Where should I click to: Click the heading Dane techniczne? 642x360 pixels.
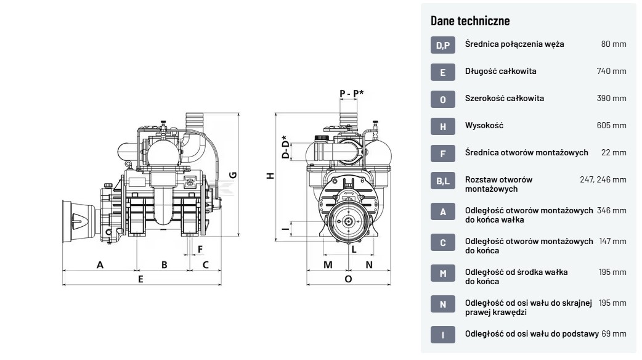coord(470,21)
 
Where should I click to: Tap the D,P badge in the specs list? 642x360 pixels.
coord(442,45)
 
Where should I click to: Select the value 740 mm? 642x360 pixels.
coord(611,71)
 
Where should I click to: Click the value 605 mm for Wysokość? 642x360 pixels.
coord(611,125)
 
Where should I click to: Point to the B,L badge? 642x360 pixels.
coord(442,181)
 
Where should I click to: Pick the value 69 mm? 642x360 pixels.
coord(614,333)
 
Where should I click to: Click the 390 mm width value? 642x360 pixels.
coord(611,98)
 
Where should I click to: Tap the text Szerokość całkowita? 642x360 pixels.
coord(505,98)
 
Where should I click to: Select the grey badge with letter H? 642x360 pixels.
coord(442,126)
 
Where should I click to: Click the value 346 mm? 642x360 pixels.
coord(611,210)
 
